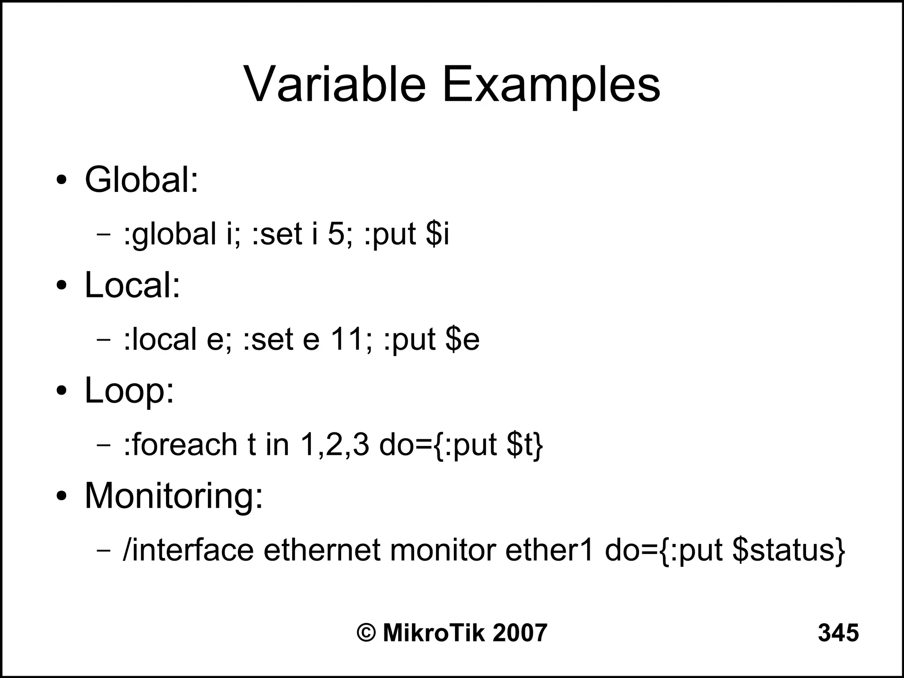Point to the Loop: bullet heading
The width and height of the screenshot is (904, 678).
point(129,391)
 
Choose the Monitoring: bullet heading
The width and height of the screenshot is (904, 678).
point(173,496)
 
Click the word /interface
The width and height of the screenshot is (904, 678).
point(188,550)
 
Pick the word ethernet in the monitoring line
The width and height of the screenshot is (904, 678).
point(321,550)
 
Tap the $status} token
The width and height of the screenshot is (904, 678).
point(788,551)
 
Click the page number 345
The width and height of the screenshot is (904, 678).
point(838,633)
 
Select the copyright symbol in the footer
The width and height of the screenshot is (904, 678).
point(366,633)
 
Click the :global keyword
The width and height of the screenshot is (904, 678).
point(170,234)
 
